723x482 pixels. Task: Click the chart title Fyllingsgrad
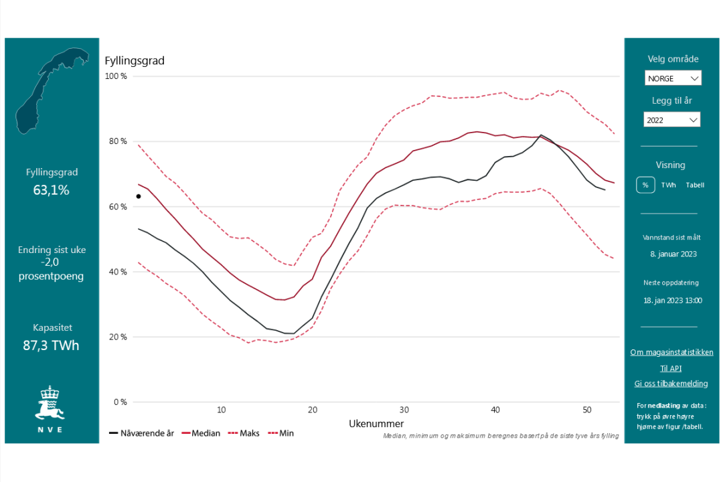[135, 61]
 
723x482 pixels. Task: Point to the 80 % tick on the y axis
[118, 141]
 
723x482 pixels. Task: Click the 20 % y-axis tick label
[118, 337]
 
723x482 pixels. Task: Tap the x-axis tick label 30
[404, 410]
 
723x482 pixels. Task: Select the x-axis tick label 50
[586, 410]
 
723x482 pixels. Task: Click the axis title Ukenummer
[376, 424]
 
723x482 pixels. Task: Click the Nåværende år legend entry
[141, 433]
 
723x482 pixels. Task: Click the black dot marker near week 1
[139, 196]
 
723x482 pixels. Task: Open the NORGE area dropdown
[673, 78]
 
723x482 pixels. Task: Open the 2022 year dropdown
[672, 120]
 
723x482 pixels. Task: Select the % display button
[645, 185]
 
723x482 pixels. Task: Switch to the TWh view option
[669, 185]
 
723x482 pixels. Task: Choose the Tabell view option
[695, 185]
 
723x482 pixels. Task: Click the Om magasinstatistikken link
[671, 352]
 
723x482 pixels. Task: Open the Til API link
[671, 368]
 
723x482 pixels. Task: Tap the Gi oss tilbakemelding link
[671, 384]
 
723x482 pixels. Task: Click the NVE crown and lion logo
[50, 404]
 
